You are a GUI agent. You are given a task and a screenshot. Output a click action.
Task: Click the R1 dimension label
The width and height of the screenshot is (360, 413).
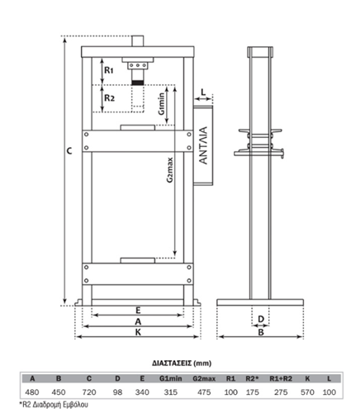(x=109, y=70)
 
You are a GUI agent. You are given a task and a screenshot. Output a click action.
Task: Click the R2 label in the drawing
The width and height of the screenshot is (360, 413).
(x=110, y=97)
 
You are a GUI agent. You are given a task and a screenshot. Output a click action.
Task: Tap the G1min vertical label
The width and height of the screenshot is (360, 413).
(x=162, y=104)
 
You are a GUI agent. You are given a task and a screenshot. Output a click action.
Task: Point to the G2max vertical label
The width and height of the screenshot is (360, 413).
(x=170, y=170)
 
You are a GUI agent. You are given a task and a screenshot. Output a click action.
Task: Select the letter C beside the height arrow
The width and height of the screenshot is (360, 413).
(x=69, y=151)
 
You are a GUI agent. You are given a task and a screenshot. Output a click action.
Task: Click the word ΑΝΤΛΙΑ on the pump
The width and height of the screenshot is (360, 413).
(x=203, y=145)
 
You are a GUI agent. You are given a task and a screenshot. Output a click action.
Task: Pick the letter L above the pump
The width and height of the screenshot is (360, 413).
(x=203, y=92)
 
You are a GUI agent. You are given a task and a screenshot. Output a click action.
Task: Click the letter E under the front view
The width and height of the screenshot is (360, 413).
(x=138, y=311)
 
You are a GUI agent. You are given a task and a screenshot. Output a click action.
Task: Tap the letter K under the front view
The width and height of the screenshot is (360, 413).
(x=138, y=332)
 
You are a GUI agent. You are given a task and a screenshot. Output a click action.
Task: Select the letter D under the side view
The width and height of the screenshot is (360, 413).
(x=261, y=319)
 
